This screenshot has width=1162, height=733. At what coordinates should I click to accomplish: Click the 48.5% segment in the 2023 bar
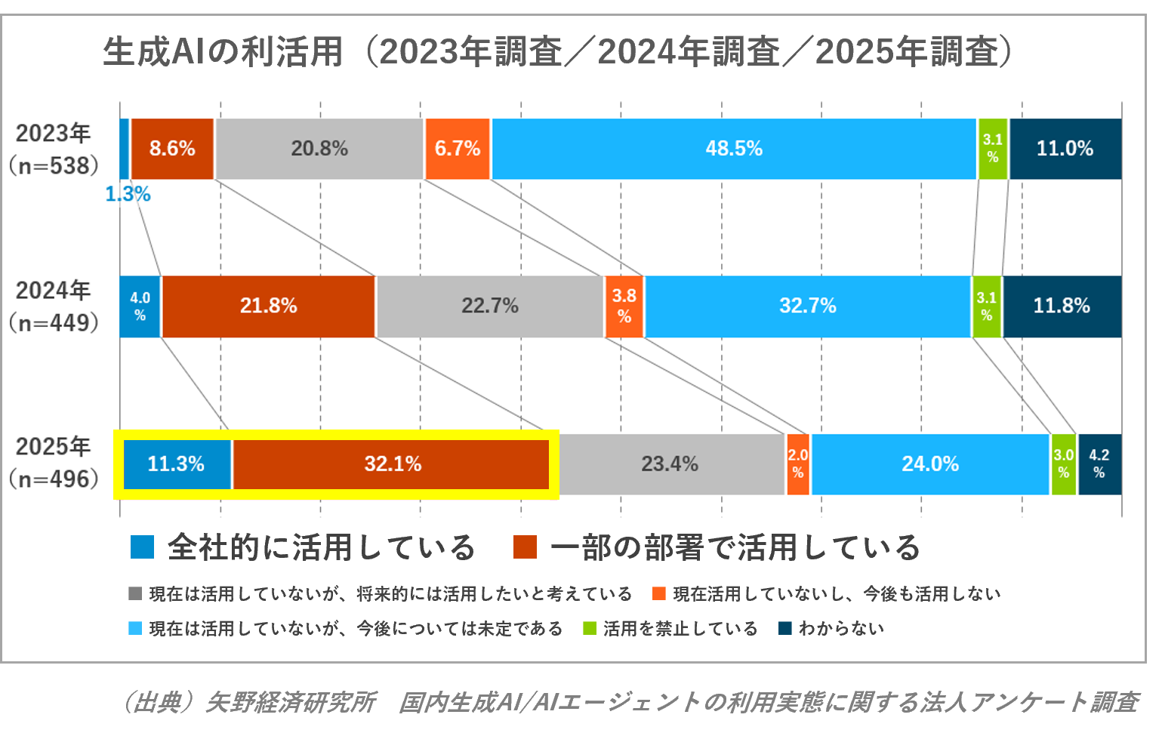(734, 149)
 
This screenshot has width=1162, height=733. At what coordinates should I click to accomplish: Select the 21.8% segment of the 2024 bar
(268, 306)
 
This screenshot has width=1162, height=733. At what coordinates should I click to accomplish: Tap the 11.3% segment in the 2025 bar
(177, 464)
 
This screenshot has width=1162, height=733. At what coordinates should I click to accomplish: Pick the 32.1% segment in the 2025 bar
(392, 464)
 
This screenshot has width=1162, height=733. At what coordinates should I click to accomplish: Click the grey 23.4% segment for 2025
(670, 464)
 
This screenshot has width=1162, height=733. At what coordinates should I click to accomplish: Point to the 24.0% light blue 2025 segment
(930, 464)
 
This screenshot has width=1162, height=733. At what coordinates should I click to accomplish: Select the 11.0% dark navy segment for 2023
(1065, 149)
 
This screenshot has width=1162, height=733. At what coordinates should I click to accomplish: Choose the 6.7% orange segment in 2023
(458, 149)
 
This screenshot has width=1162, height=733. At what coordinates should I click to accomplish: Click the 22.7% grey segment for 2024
(490, 306)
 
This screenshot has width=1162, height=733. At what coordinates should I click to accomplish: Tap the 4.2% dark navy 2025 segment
(1099, 464)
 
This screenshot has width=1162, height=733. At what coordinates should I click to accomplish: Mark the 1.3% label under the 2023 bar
(128, 195)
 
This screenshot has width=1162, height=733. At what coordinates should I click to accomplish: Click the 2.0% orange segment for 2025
(798, 464)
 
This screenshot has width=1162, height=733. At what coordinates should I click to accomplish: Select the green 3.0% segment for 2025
(1063, 464)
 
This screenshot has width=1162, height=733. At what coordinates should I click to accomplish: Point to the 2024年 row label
(53, 291)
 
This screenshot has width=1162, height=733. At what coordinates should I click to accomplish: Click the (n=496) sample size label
(54, 479)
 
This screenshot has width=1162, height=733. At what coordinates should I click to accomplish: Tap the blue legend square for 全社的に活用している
(142, 547)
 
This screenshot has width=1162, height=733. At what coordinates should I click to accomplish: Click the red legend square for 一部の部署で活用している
(525, 547)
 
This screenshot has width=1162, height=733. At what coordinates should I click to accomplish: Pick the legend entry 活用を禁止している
(680, 629)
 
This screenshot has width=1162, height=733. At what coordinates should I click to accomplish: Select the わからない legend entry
(840, 629)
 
